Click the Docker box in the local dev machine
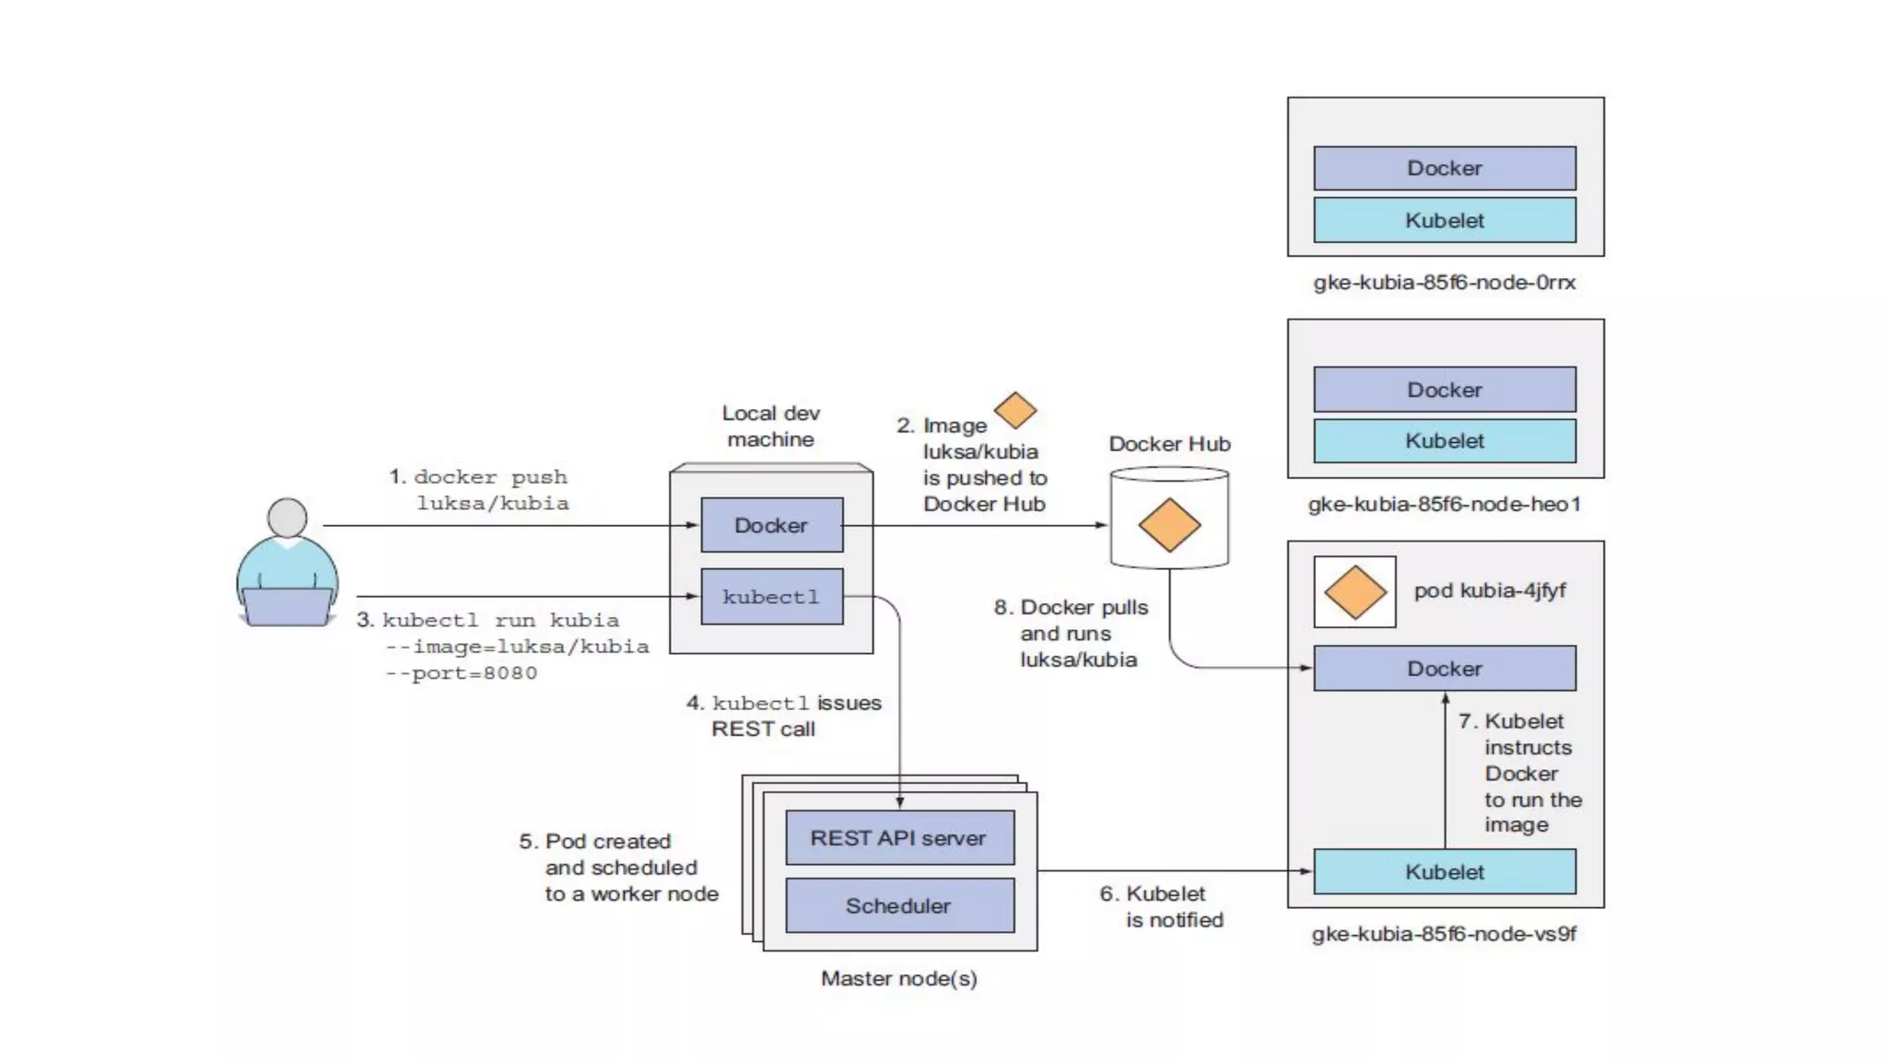pos(772,525)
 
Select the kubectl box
pos(772,597)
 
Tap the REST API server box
pos(899,838)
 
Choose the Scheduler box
pos(899,905)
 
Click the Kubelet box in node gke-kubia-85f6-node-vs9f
pos(1445,871)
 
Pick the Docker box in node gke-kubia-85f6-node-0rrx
pos(1445,168)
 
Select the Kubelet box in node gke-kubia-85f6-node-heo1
pos(1445,441)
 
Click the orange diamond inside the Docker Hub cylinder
pos(1169,525)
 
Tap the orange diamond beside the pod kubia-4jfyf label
pos(1355,592)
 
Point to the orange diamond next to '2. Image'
pos(1015,410)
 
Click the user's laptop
pos(287,607)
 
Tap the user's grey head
pos(287,518)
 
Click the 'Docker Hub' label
pos(1169,444)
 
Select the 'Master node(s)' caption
pos(899,978)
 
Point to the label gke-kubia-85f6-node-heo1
pos(1445,504)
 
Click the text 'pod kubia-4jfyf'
pos(1490,590)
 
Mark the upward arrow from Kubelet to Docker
pos(1445,771)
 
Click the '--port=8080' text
pos(462,673)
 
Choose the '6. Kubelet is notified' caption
pos(1162,906)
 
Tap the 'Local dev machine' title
pos(771,426)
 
